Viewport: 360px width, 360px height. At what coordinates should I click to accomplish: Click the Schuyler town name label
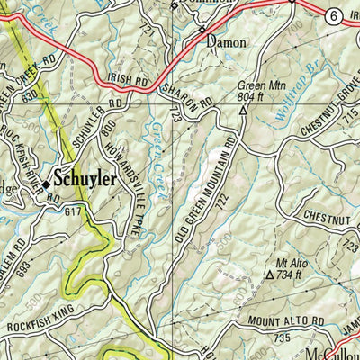[85, 179]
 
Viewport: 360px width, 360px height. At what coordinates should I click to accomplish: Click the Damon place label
[226, 41]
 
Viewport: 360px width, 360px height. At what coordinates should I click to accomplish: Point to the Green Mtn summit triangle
[243, 111]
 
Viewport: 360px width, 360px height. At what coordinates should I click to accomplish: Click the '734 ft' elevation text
[292, 276]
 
